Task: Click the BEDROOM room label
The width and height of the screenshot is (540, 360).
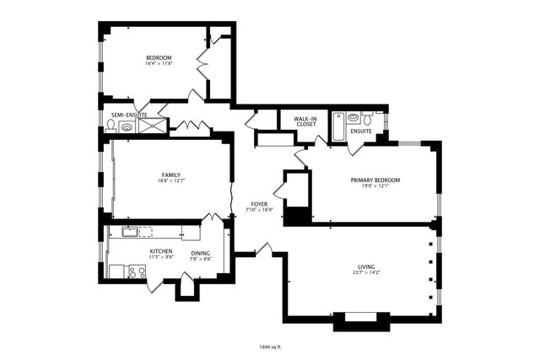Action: [159, 57]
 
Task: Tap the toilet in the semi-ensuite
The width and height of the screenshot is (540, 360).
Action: [111, 126]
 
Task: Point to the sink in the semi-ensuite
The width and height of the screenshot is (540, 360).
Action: [127, 127]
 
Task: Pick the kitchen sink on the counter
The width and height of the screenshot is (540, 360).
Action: [132, 230]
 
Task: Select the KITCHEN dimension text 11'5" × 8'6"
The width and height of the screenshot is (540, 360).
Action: [161, 257]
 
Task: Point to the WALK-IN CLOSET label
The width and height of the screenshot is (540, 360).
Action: [305, 121]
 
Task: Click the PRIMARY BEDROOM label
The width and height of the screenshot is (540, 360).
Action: [375, 180]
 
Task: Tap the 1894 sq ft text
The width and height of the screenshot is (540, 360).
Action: [270, 346]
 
